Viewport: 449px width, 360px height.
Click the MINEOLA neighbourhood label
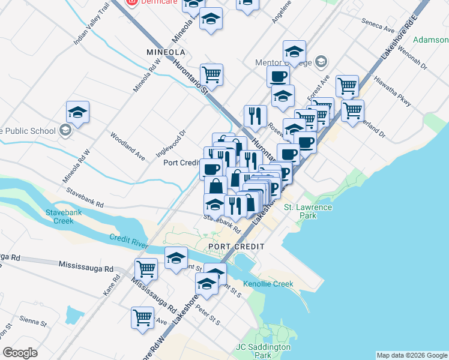click(166, 52)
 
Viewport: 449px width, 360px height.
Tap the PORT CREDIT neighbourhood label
click(236, 247)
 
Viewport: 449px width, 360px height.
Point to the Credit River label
click(128, 238)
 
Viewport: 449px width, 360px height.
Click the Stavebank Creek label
click(59, 216)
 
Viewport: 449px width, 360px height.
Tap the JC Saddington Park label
click(264, 350)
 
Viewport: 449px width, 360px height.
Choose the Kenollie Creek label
click(268, 284)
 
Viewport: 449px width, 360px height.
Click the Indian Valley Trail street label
click(91, 23)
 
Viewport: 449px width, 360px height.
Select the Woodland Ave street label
click(128, 146)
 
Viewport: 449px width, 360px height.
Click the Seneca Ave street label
click(378, 25)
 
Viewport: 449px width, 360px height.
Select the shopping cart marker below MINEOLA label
click(211, 75)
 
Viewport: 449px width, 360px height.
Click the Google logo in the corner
click(20, 353)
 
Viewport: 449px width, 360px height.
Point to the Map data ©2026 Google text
click(411, 355)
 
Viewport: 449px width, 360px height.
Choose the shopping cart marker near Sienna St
click(142, 317)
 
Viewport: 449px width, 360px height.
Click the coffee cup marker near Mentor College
click(278, 77)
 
